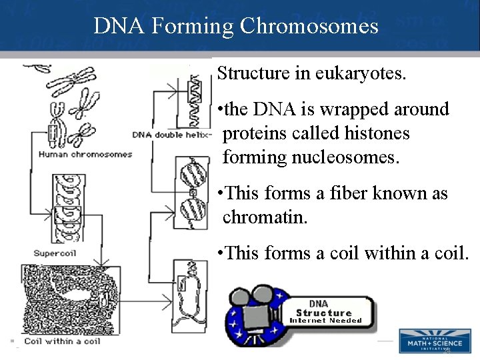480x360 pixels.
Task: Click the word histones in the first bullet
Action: pyautogui.click(x=375, y=133)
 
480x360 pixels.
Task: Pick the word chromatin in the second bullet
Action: pyautogui.click(x=265, y=217)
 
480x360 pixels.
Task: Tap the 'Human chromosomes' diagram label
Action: pyautogui.click(x=85, y=155)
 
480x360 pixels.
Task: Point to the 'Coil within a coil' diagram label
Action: pyautogui.click(x=62, y=341)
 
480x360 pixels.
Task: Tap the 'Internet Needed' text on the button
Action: pyautogui.click(x=325, y=321)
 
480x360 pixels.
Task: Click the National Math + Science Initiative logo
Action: pyautogui.click(x=434, y=341)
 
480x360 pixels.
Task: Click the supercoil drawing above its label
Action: pyautogui.click(x=67, y=210)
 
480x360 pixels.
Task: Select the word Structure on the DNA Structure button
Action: pyautogui.click(x=324, y=313)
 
